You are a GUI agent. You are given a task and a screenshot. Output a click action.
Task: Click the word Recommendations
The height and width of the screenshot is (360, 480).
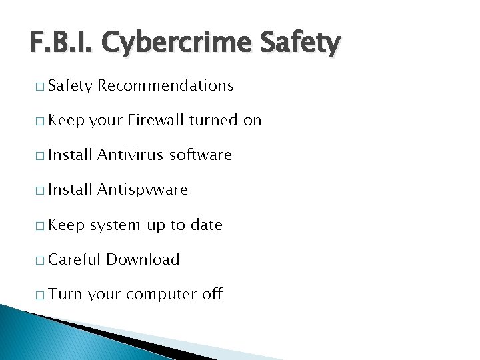pos(166,85)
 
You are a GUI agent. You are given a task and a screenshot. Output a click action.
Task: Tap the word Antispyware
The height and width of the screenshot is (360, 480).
pos(143,190)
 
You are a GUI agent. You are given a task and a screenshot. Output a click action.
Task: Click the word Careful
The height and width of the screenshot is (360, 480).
pos(75,259)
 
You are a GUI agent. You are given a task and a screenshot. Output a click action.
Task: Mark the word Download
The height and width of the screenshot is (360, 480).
pos(143,259)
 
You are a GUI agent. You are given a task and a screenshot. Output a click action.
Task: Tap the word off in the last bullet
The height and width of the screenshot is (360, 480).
pos(211,294)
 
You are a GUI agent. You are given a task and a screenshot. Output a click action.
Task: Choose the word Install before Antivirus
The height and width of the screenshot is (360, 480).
pos(70,155)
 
